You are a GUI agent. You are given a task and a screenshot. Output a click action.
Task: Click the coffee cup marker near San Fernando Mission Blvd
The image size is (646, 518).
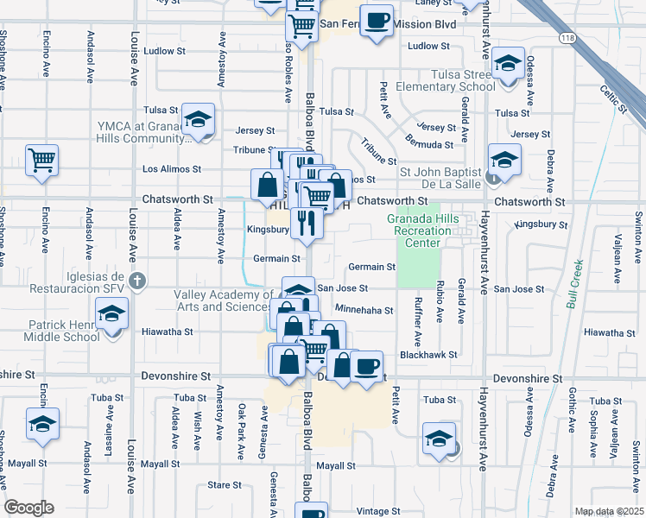coord(377,21)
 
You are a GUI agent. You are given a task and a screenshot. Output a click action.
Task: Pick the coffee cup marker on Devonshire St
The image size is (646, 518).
coord(368,366)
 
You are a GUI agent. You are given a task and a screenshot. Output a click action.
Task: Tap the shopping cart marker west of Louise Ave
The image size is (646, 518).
coord(41,160)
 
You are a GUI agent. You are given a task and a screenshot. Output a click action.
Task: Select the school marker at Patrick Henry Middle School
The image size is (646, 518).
coord(111,313)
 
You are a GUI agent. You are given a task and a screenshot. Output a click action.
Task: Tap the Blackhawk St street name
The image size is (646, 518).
coord(427,355)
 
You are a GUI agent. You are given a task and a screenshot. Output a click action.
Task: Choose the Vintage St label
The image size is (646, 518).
coord(374,511)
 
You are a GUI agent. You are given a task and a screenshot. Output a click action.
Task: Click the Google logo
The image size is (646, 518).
coord(28,508)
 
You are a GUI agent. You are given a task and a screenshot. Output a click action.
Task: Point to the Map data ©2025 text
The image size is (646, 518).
coord(608,511)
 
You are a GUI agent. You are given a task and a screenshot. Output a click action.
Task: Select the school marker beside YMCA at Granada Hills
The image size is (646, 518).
coord(199,120)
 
